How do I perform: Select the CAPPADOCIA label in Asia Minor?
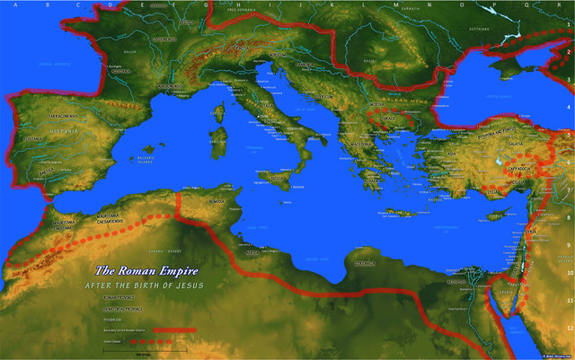point(506,166)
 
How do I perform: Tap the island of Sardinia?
point(217,139)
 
